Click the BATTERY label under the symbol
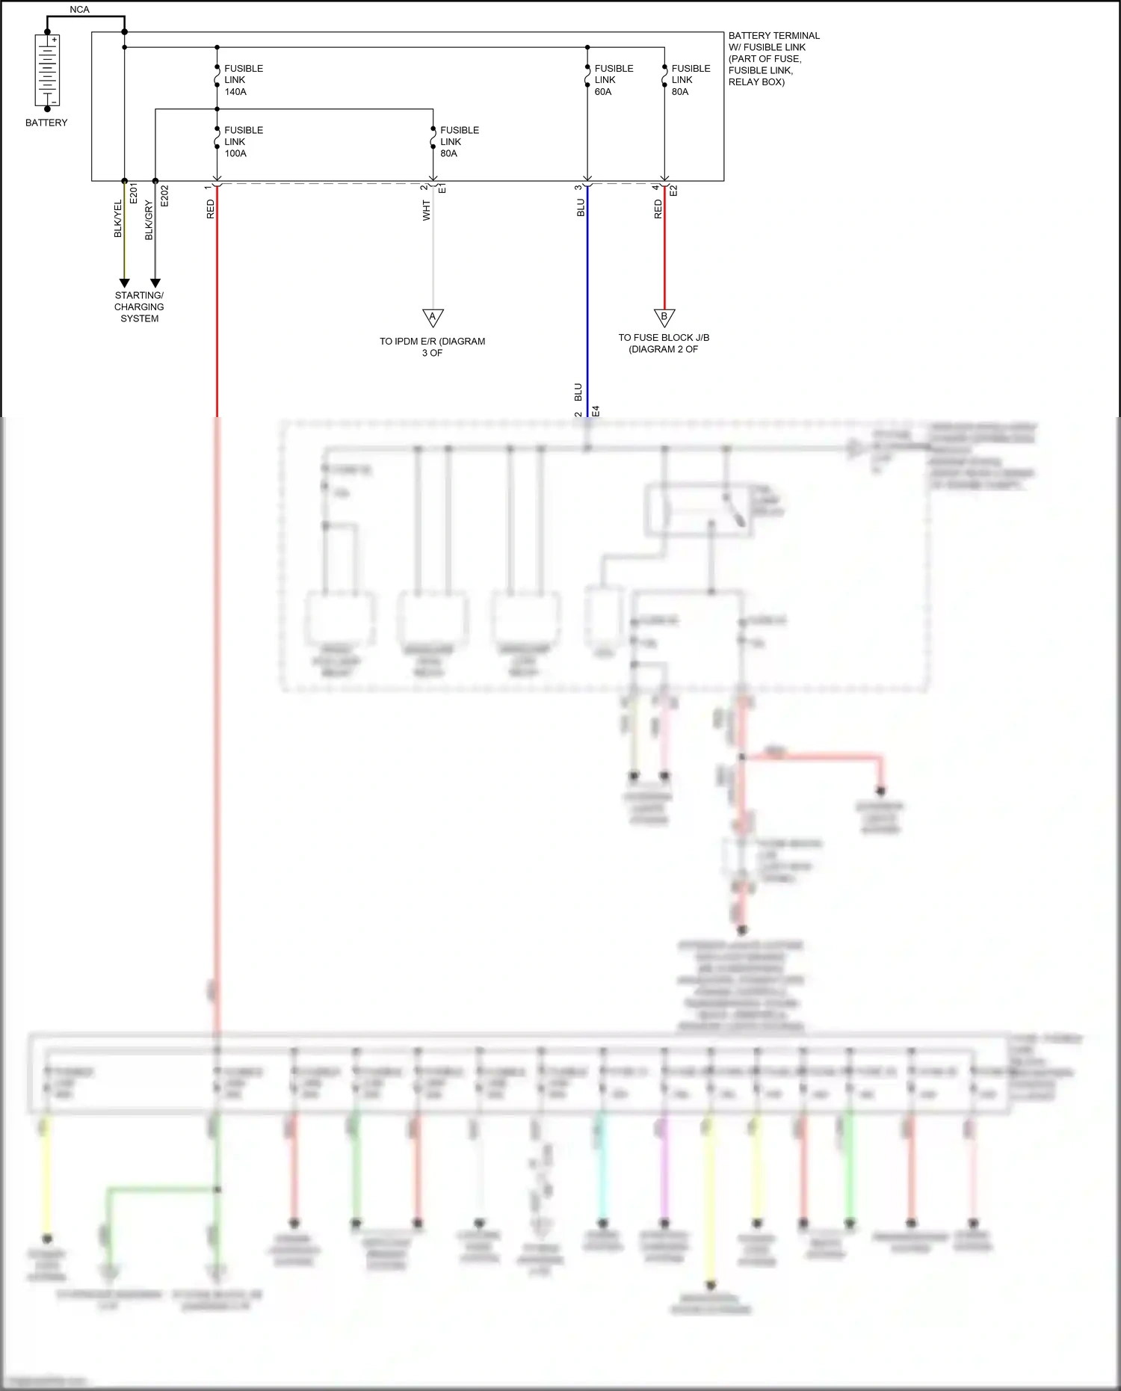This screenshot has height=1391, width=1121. point(46,123)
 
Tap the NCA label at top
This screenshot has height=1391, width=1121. point(79,10)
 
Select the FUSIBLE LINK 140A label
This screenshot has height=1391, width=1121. point(243,80)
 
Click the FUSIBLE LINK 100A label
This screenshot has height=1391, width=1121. point(243,141)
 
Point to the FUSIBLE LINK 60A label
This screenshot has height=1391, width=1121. point(614,80)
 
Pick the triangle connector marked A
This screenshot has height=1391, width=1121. point(433,318)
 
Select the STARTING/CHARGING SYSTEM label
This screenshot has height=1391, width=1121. point(139,306)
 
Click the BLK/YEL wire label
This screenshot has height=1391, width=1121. point(118,219)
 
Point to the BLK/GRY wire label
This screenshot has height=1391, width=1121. point(149,220)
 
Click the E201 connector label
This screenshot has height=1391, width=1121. point(134,193)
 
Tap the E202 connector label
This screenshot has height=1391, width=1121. point(164,196)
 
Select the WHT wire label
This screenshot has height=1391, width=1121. point(426,210)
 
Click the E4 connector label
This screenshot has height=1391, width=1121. point(596,411)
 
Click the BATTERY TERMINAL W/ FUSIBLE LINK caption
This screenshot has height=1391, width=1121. point(773,58)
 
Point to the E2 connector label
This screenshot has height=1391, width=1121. point(673,191)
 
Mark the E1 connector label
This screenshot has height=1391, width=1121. point(442,188)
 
